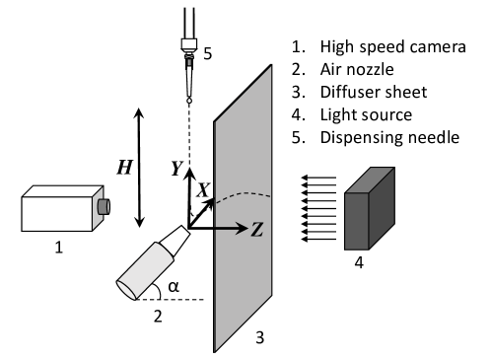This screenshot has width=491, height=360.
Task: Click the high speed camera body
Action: (x=59, y=212)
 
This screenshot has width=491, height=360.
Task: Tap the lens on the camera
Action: (x=103, y=206)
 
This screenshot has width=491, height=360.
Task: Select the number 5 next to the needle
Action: (x=208, y=54)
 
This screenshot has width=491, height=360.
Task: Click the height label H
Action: (x=124, y=168)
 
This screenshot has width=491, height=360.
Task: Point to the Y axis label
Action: (x=176, y=170)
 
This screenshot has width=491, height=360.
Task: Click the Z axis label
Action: (x=255, y=229)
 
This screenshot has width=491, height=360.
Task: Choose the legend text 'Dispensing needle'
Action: (x=389, y=137)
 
